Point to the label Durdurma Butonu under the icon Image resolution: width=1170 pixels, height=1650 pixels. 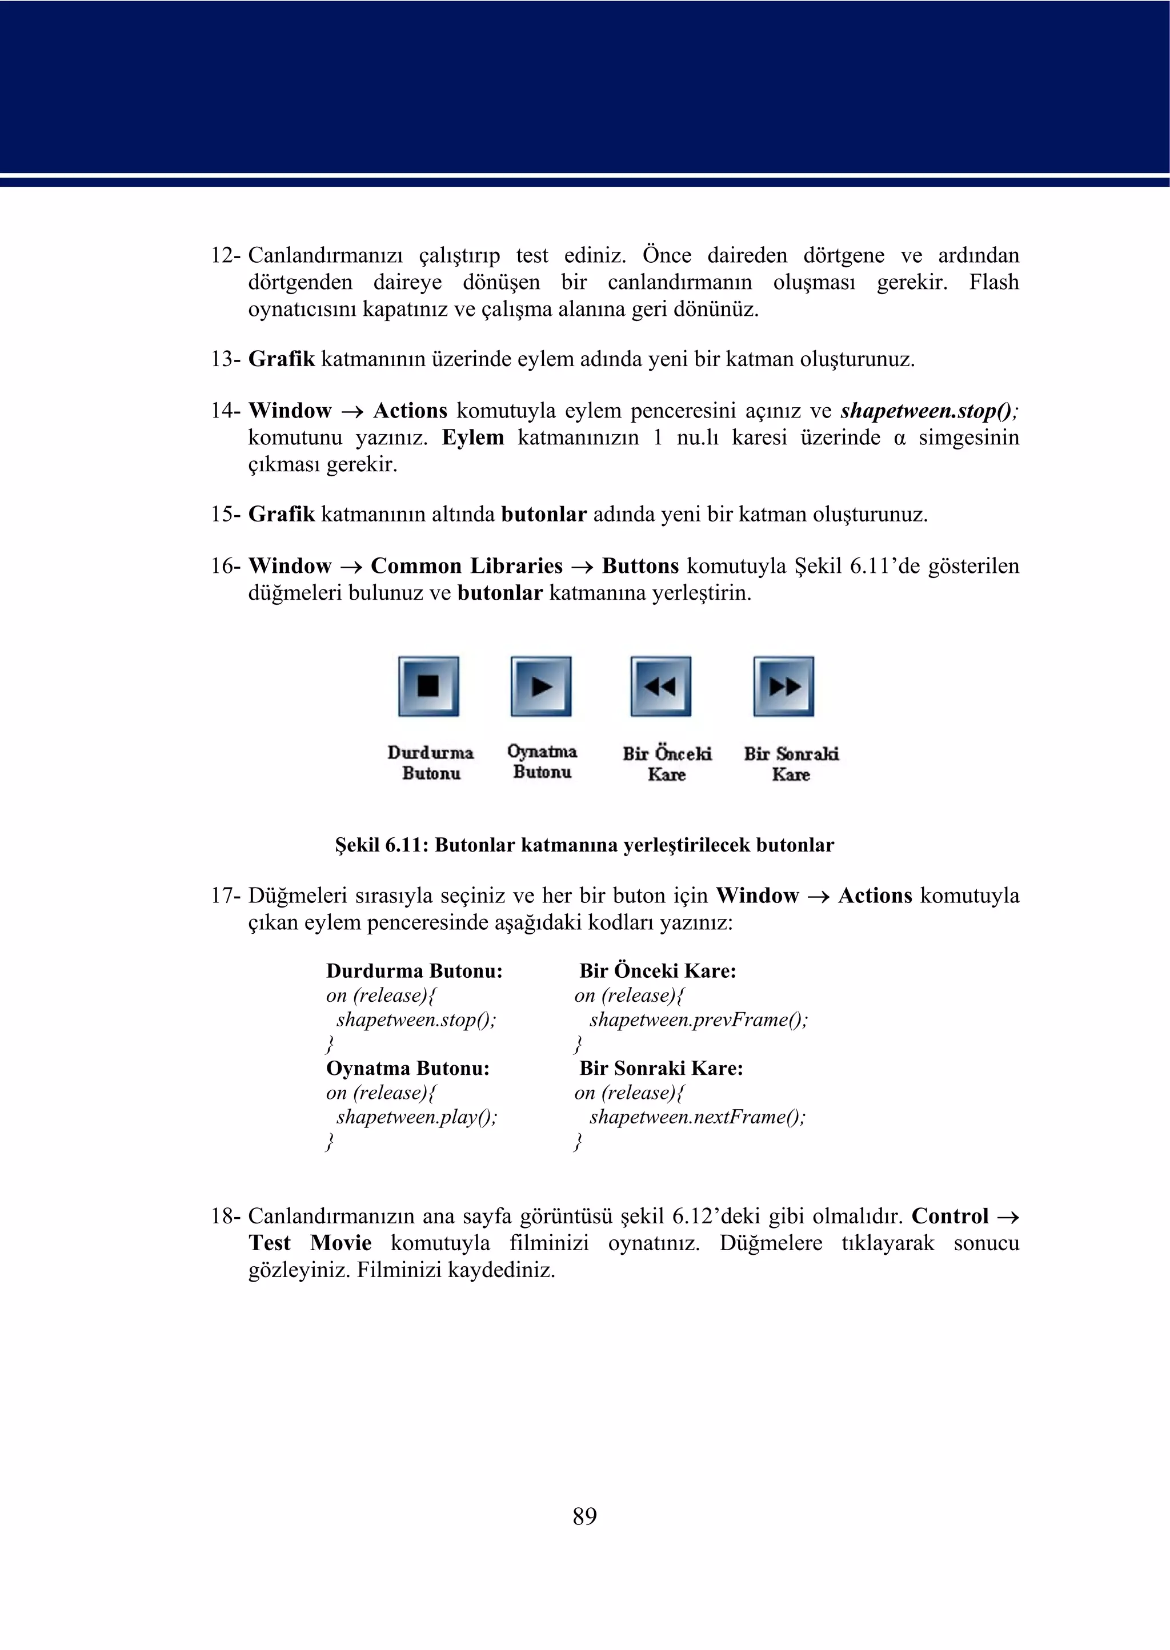point(431,762)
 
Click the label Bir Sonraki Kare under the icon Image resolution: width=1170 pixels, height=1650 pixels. point(791,764)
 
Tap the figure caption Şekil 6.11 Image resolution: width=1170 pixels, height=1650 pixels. point(584,845)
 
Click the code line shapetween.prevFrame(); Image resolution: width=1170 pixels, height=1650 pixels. point(698,1020)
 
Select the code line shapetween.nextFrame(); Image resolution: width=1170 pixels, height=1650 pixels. point(696,1117)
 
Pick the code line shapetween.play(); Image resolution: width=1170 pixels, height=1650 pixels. point(416,1117)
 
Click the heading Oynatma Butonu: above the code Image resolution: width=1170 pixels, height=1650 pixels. point(408,1068)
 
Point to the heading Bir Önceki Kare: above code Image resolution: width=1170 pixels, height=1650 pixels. point(658,971)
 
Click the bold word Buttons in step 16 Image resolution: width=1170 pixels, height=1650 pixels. point(640,566)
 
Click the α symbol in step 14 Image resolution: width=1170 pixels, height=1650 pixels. point(899,439)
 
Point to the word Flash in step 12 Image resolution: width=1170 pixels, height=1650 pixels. point(993,282)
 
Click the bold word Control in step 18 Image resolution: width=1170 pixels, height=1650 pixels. point(949,1217)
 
